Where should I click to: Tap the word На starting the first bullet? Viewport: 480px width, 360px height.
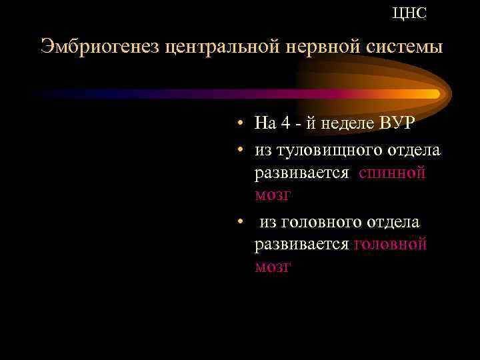tap(266, 123)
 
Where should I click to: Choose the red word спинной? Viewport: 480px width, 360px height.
tap(392, 173)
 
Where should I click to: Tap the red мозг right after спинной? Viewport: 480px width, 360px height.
tap(272, 195)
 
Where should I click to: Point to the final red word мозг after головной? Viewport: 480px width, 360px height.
tap(272, 267)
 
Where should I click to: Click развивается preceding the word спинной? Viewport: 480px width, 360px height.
tap(301, 173)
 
